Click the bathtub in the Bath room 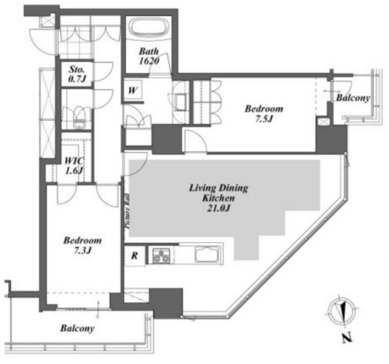149,27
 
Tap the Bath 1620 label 149,56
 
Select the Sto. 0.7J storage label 77,74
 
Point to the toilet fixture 79,118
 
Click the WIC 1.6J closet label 74,165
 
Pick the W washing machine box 133,90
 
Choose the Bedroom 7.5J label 264,114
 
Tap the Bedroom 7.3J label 82,245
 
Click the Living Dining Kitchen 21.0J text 218,198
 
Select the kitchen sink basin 207,254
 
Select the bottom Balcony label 77,329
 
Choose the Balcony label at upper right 353,98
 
